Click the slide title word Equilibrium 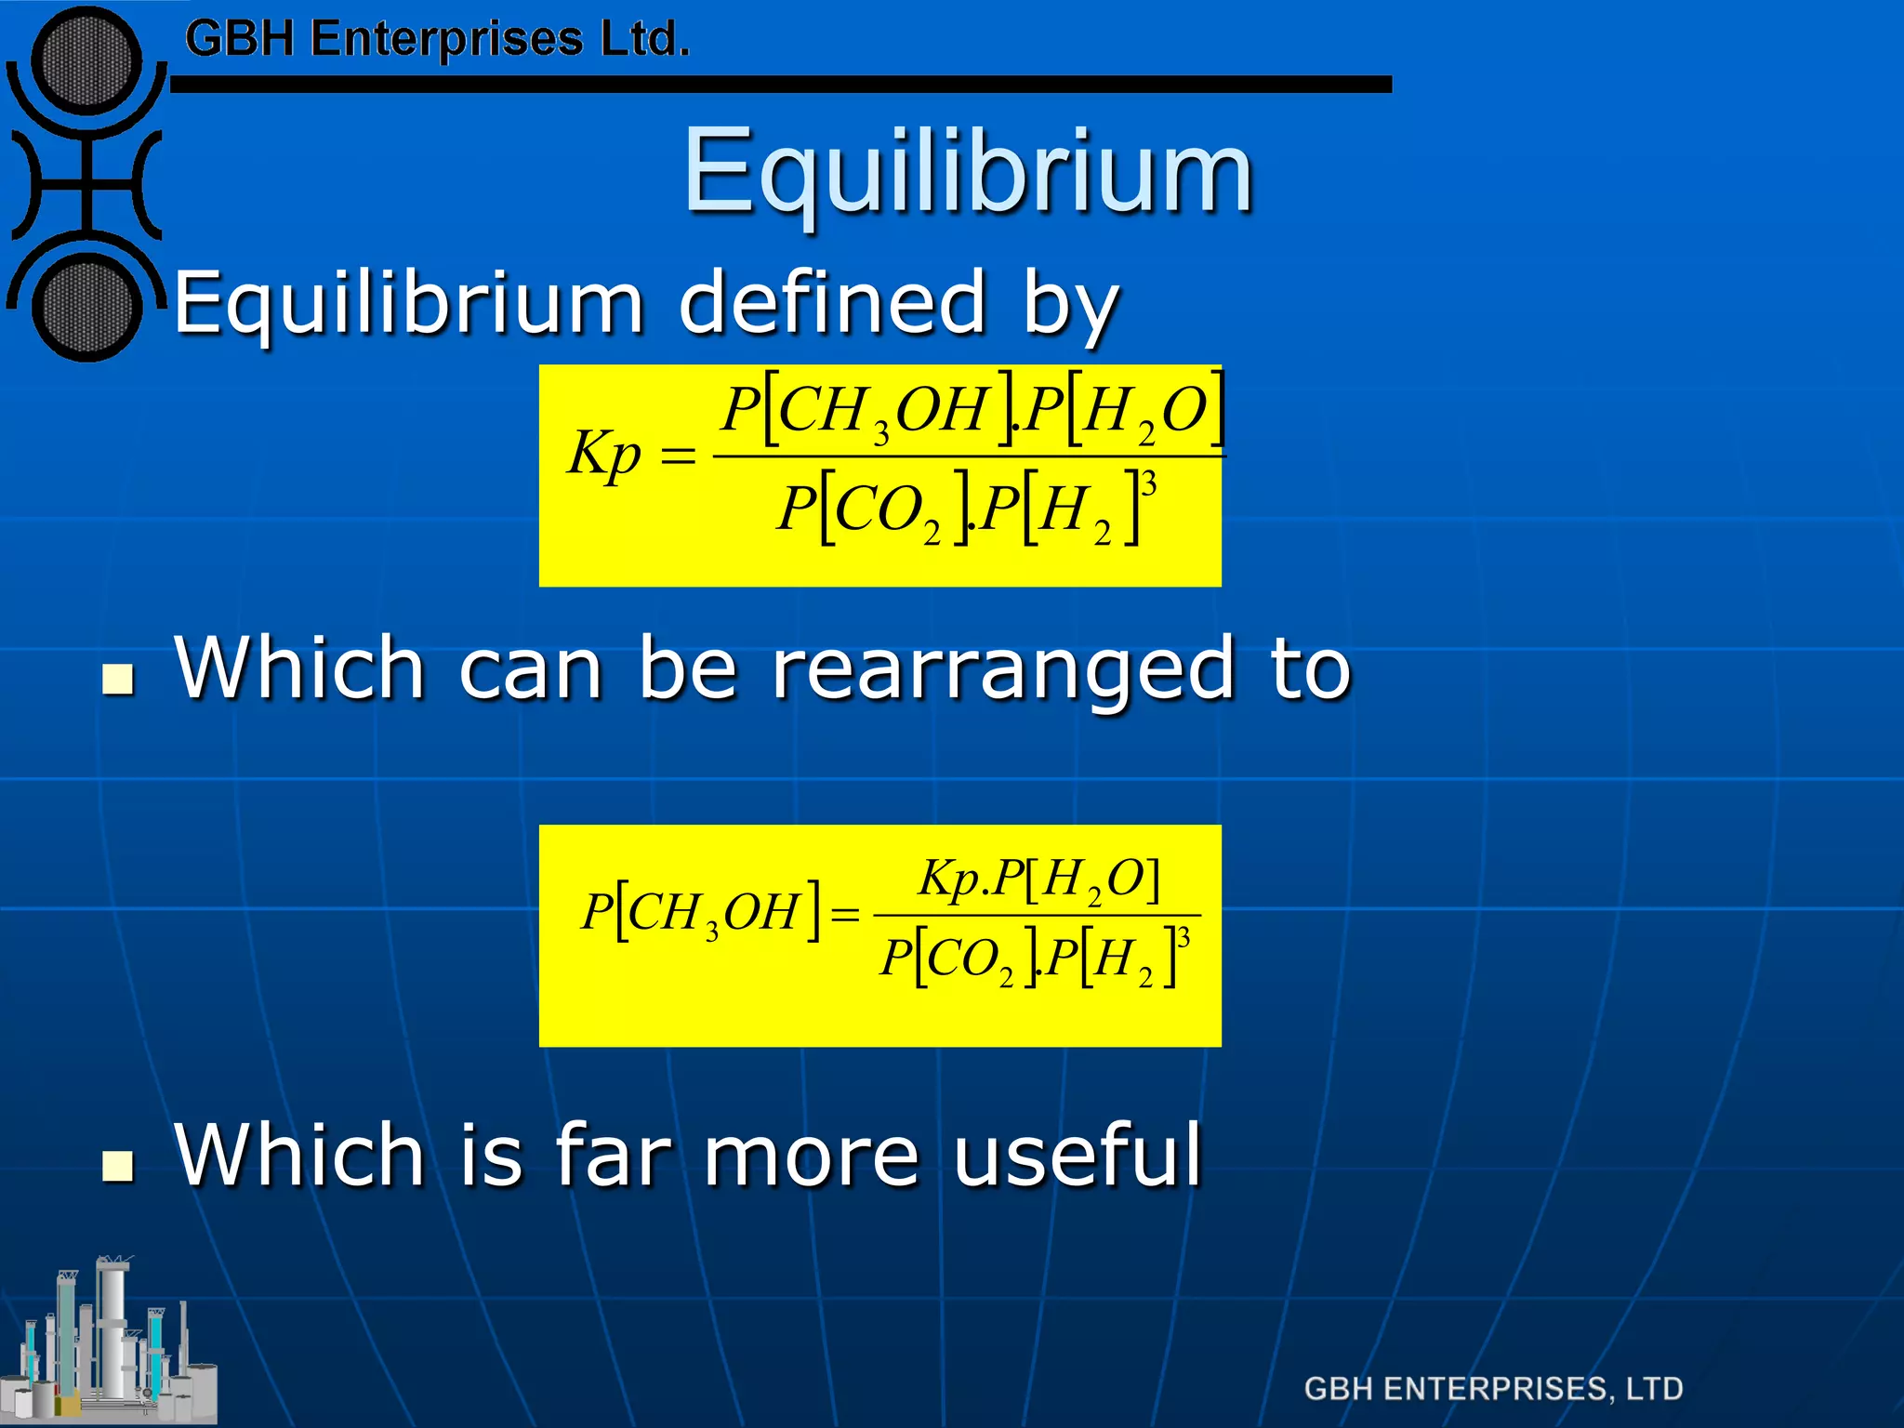pos(968,173)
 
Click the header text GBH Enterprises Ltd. pos(437,39)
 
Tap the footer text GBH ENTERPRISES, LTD pos(1493,1389)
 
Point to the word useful pos(1078,1155)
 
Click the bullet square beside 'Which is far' pos(117,1165)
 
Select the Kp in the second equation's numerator pos(948,877)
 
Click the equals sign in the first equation pos(677,456)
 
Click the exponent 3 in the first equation pos(1149,484)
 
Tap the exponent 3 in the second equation pos(1183,936)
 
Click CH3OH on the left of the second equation pos(714,913)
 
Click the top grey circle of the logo pos(86,60)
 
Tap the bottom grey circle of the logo pos(86,307)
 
